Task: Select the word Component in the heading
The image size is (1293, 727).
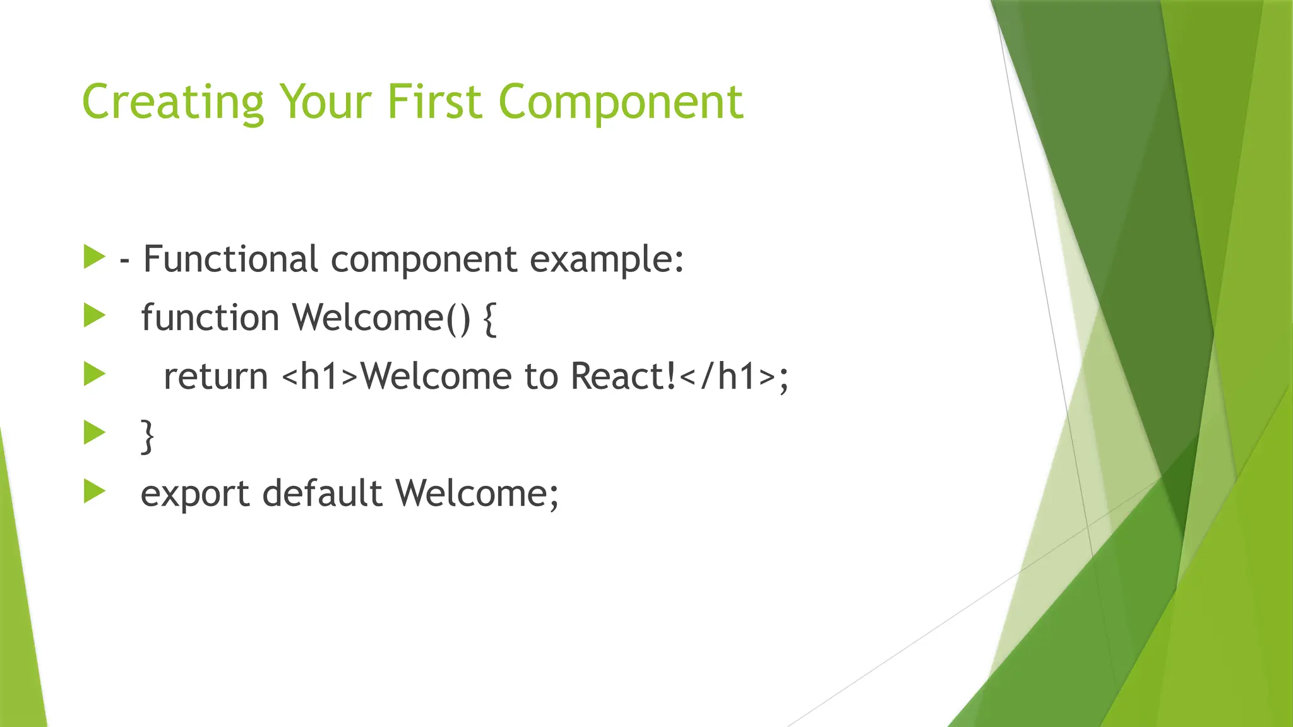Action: tap(621, 102)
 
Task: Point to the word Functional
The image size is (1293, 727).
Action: tap(230, 259)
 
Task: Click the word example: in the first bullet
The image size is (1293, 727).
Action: tap(606, 260)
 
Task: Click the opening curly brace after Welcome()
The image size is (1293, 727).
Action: tap(490, 318)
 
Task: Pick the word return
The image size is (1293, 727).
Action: tap(216, 376)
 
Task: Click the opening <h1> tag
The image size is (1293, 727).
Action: tap(320, 376)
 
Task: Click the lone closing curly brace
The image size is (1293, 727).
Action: tap(147, 435)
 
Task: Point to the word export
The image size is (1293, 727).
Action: tap(194, 494)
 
